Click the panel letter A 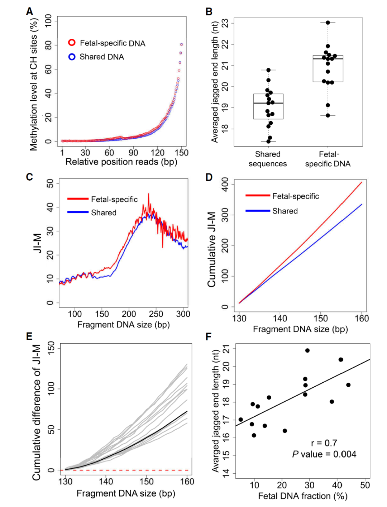pos(29,11)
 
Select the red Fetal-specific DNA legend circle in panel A pos(72,43)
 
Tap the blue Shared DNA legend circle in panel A pos(72,57)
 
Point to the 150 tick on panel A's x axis pos(181,153)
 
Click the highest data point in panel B pos(328,23)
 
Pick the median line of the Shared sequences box pos(268,103)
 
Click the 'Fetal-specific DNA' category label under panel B pos(328,159)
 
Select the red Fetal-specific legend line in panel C pos(78,199)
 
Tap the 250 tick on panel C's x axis pos(156,314)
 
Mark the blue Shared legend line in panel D pos(258,211)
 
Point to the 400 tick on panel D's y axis pos(225,185)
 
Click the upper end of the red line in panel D pos(362,182)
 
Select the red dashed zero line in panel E pos(125,470)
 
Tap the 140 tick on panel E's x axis pos(106,481)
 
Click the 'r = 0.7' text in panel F pos(324,443)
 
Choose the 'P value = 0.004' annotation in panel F pos(324,454)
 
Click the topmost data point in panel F pos(307,350)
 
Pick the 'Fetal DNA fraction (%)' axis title pos(303,496)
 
